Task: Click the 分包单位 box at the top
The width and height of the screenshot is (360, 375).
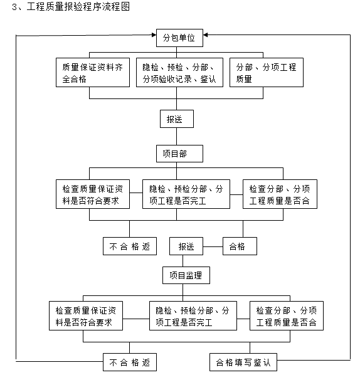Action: click(183, 38)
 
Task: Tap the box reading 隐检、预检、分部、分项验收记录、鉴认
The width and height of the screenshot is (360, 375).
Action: click(179, 73)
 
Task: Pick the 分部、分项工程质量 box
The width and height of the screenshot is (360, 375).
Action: click(267, 73)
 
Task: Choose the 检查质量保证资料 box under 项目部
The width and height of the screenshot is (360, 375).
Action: click(92, 194)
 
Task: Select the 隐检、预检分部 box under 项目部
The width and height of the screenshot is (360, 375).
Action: click(186, 194)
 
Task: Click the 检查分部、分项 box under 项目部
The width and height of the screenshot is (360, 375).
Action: click(279, 194)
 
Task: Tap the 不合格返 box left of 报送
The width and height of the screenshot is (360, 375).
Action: click(130, 246)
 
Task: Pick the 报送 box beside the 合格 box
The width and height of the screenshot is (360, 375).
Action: click(186, 246)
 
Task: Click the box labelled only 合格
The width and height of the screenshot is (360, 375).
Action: click(241, 246)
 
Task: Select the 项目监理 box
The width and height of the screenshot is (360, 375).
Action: click(183, 275)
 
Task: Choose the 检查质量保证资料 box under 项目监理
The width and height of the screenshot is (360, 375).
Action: click(85, 316)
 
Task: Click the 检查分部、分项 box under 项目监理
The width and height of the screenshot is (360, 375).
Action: click(287, 316)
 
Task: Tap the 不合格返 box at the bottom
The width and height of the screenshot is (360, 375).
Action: click(130, 362)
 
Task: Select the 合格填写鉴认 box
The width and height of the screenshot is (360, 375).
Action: click(242, 362)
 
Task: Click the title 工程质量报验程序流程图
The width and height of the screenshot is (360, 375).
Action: click(79, 8)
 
